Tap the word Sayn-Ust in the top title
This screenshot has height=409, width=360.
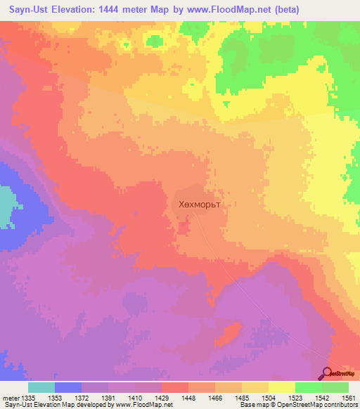point(32,10)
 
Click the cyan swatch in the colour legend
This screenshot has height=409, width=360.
point(41,387)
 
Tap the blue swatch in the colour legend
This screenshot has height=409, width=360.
point(68,387)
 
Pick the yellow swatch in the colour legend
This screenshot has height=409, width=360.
point(282,387)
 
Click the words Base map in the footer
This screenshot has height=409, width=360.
point(252,405)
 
